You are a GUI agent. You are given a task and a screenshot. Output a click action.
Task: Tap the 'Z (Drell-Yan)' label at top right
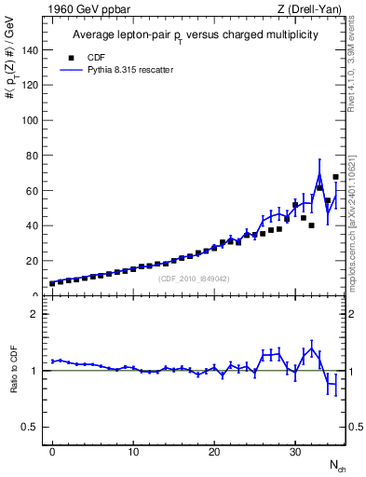[309, 9]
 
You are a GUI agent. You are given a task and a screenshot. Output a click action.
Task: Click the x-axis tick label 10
[133, 451]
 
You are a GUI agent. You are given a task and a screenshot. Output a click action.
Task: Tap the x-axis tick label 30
[295, 451]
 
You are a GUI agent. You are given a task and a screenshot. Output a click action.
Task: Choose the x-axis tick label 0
[52, 451]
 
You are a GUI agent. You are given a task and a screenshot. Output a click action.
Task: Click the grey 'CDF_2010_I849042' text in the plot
[194, 279]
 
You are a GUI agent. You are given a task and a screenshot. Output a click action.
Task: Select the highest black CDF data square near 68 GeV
[335, 177]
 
